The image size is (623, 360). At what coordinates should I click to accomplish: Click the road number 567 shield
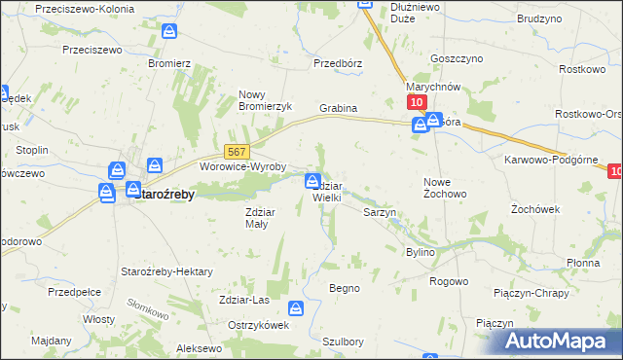click(x=238, y=152)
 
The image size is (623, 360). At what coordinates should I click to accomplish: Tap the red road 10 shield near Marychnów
click(x=416, y=103)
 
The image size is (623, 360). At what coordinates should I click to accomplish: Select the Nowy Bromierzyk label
click(x=265, y=100)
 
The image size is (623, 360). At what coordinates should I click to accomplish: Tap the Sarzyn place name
click(x=379, y=211)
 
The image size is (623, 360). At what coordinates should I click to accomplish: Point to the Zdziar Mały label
click(x=263, y=216)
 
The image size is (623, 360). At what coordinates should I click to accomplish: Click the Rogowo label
click(x=449, y=281)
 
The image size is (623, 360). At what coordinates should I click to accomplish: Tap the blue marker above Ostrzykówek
click(x=295, y=309)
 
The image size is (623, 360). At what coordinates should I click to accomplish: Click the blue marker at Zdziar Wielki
click(x=312, y=180)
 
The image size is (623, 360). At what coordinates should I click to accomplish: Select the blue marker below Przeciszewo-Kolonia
click(x=170, y=32)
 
